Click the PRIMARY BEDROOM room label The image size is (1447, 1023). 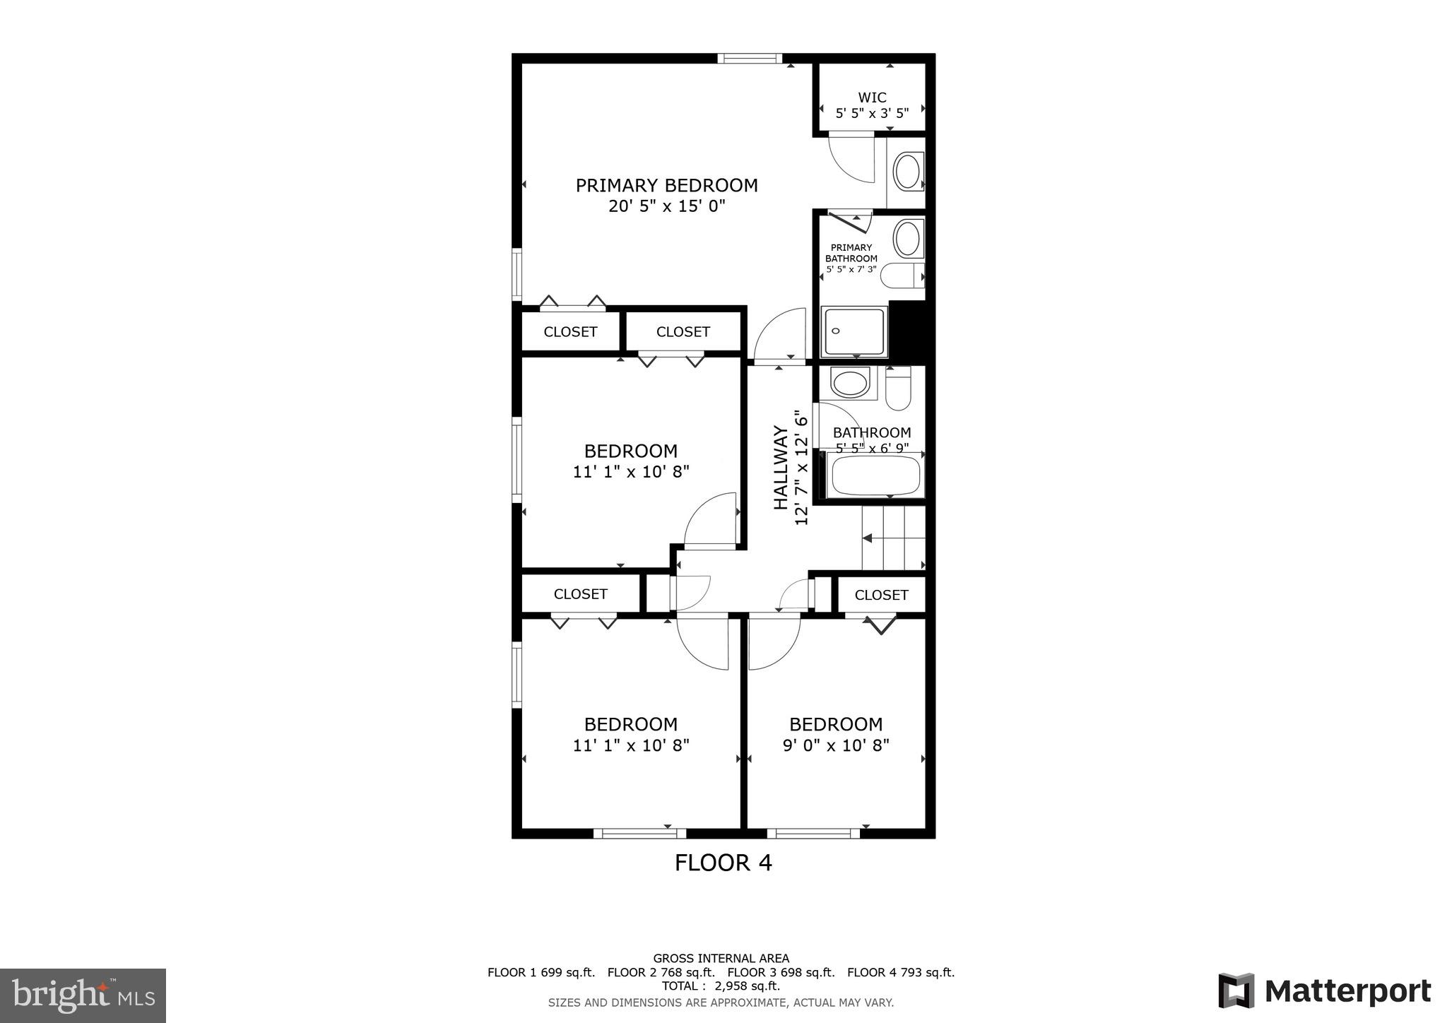(666, 186)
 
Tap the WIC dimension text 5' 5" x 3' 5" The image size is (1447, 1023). (872, 113)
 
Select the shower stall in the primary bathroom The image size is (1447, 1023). (854, 331)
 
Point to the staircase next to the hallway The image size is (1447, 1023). (894, 538)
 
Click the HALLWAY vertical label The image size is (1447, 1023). (781, 467)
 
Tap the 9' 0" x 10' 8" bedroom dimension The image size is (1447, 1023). (836, 745)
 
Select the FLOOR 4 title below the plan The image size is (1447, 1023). (723, 863)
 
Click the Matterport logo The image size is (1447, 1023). (1324, 991)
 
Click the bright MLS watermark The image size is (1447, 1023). (83, 996)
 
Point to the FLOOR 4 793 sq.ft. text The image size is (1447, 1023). (900, 972)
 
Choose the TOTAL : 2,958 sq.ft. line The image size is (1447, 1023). (721, 986)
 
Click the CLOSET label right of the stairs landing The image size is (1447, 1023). (881, 595)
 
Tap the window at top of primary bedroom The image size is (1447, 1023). (750, 59)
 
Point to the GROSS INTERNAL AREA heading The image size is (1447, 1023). (721, 959)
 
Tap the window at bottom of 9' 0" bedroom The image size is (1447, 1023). (813, 834)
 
